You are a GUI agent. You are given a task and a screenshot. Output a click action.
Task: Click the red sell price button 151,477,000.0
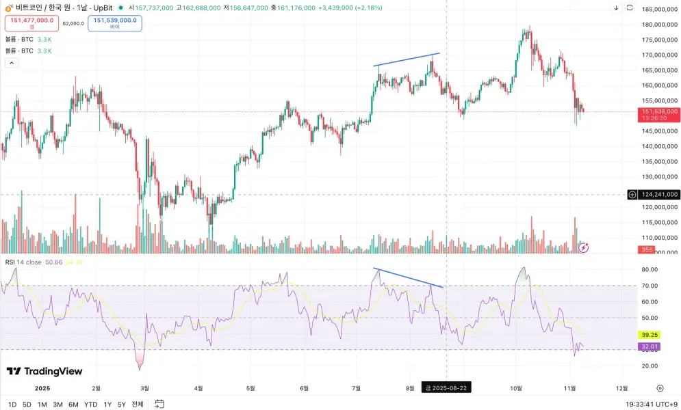coord(31,23)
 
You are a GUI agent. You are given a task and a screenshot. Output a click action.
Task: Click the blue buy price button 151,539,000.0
coord(115,23)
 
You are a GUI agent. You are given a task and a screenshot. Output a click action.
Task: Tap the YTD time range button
coord(90,404)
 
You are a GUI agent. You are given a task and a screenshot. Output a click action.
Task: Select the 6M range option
coord(73,404)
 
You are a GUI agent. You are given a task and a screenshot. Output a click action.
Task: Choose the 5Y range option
coord(122,404)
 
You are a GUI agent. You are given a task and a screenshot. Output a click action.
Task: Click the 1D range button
coord(12,404)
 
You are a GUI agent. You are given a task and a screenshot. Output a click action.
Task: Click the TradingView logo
coord(44,371)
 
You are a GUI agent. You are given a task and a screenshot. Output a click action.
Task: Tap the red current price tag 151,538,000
coord(659,111)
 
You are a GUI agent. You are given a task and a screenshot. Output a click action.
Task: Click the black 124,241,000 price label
coord(660,195)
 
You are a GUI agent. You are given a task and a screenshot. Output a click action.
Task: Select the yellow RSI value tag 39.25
coord(650,335)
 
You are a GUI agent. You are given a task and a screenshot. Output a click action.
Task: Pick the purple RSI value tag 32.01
coord(650,346)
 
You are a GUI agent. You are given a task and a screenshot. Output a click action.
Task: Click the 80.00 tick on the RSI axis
coord(650,269)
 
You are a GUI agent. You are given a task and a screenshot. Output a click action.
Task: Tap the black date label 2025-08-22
coord(446,387)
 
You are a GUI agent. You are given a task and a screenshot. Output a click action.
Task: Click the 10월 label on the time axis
coord(515,387)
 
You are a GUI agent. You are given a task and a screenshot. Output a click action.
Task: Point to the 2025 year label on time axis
coord(42,387)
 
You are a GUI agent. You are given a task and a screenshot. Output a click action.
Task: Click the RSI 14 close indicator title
coord(23,262)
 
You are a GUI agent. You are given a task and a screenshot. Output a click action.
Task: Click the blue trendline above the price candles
coord(407,59)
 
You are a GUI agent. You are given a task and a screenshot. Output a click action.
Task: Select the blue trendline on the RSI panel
coord(409,277)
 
